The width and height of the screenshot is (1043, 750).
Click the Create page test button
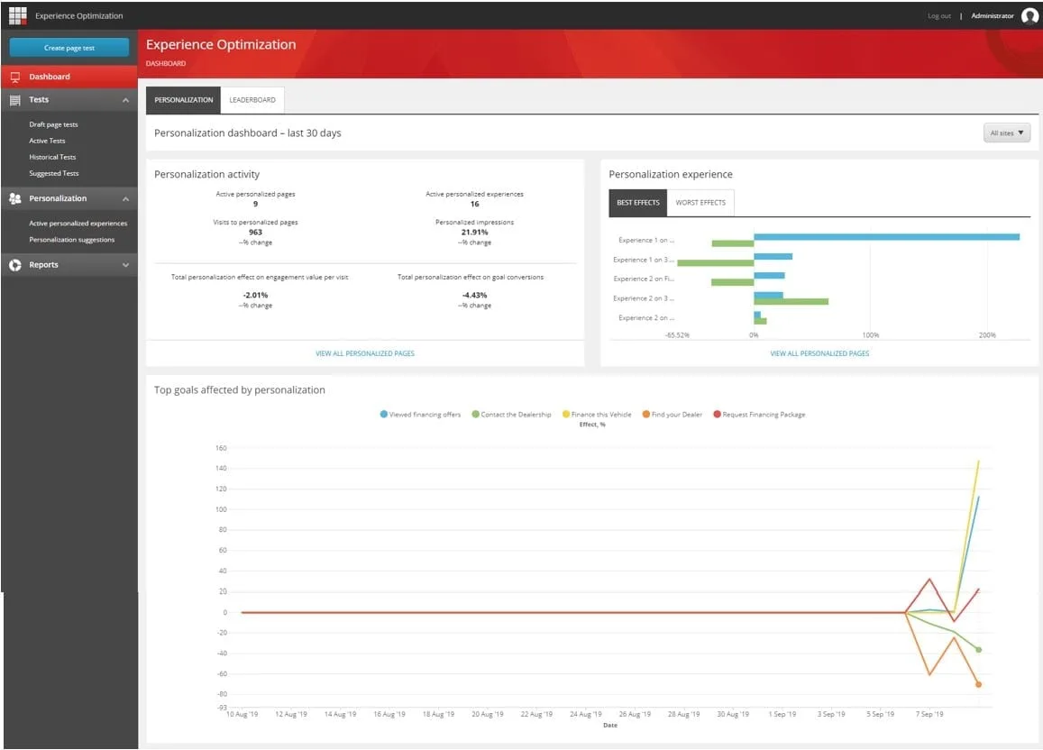[69, 48]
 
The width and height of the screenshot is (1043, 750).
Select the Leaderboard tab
[252, 100]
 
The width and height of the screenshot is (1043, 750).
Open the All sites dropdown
[1007, 133]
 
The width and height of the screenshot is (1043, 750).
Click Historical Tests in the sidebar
[52, 157]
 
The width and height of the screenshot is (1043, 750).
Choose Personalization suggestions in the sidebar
[72, 240]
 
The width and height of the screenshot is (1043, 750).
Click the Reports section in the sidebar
[43, 265]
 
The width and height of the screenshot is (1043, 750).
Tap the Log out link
[938, 16]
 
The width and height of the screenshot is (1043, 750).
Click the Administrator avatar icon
[1029, 15]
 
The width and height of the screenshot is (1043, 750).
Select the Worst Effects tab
[700, 203]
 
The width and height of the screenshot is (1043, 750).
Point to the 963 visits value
[255, 232]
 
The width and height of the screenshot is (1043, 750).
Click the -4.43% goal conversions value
[474, 295]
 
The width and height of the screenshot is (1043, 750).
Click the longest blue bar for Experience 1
[886, 237]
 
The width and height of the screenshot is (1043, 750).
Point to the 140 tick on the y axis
[220, 469]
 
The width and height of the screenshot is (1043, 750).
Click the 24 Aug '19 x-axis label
[585, 714]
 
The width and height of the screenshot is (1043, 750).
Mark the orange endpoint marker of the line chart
[978, 684]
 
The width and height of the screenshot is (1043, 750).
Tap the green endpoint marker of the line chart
[978, 650]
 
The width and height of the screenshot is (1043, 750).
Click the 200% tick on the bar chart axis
[987, 335]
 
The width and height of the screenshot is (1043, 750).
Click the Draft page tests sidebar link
[53, 124]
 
